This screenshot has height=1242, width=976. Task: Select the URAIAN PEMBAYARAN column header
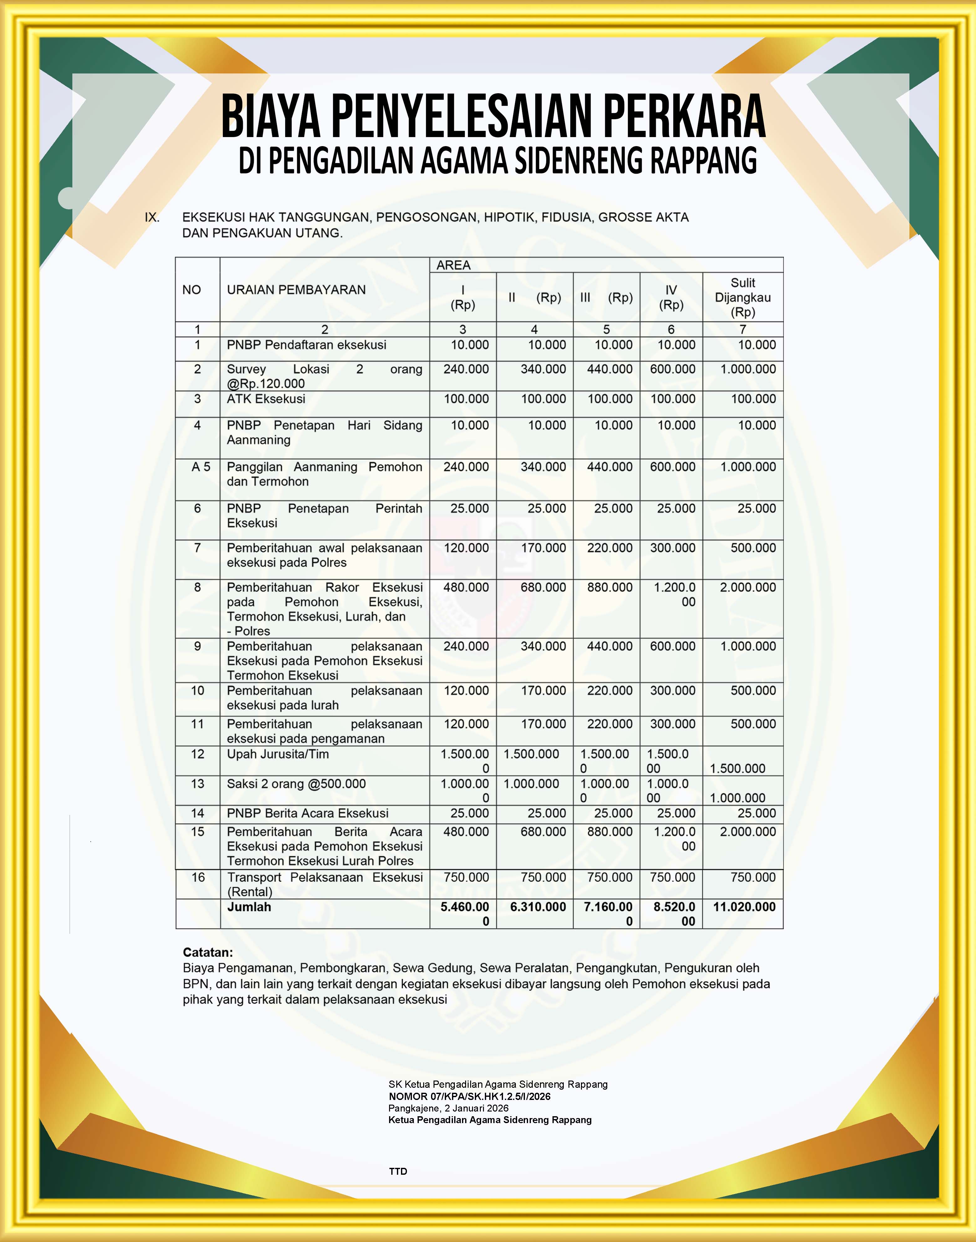click(296, 290)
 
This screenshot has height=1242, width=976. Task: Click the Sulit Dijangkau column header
click(742, 297)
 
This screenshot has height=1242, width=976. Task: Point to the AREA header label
click(453, 265)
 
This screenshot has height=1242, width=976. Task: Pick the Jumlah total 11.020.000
click(744, 907)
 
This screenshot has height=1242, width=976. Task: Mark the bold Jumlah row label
click(249, 907)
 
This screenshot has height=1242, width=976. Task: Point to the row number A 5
click(201, 467)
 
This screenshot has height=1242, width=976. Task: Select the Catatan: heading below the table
click(208, 952)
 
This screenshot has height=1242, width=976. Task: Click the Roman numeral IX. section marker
click(152, 217)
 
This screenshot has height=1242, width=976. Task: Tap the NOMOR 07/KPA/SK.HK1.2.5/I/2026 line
click(469, 1096)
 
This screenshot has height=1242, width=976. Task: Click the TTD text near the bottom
click(398, 1171)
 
